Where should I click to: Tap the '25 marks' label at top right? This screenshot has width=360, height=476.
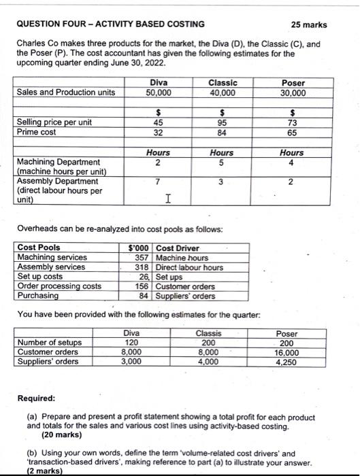coord(308,24)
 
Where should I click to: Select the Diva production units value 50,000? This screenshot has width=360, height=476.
coord(159,92)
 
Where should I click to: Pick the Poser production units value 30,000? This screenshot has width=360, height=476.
coord(293,92)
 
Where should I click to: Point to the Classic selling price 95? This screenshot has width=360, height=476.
coord(222,123)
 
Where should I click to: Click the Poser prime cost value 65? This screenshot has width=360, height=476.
coord(293,133)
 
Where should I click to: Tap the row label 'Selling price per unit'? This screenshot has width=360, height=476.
coord(54,122)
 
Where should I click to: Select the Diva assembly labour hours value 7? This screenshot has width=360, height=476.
coord(158,182)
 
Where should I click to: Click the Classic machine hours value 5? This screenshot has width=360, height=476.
coord(222,162)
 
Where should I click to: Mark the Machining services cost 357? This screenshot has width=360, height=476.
coord(142,258)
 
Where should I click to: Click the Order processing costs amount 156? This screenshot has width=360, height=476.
coord(142,286)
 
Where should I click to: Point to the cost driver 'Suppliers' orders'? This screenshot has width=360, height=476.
coord(186,296)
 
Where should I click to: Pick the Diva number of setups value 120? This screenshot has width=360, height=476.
coord(131,343)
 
